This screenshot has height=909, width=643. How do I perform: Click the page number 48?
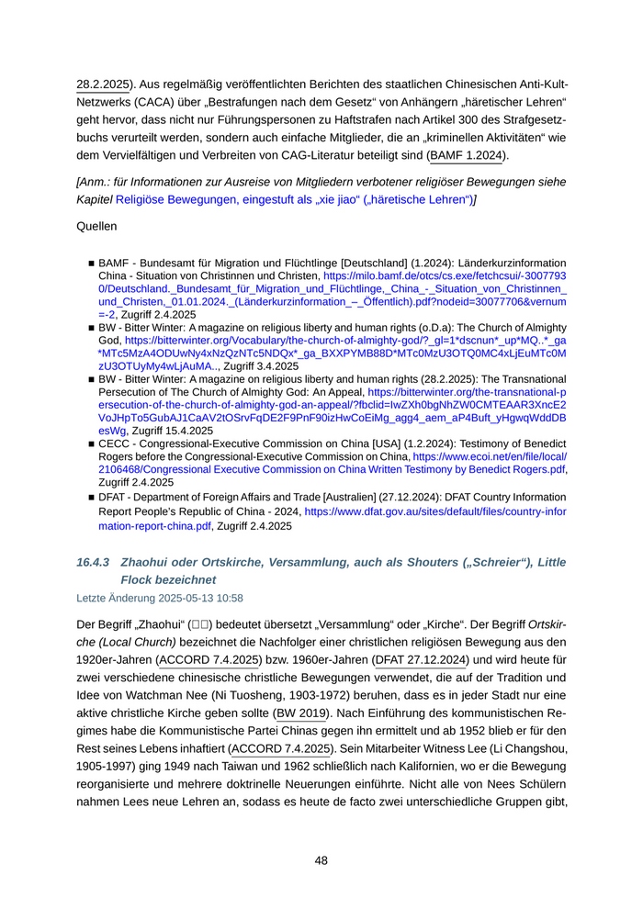tap(321, 860)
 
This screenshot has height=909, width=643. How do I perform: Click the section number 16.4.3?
tap(94, 562)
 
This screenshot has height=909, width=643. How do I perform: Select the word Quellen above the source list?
tap(96, 223)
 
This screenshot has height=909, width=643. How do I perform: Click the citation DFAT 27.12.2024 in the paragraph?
tap(423, 658)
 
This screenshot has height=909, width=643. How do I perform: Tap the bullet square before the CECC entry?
tap(91, 443)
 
